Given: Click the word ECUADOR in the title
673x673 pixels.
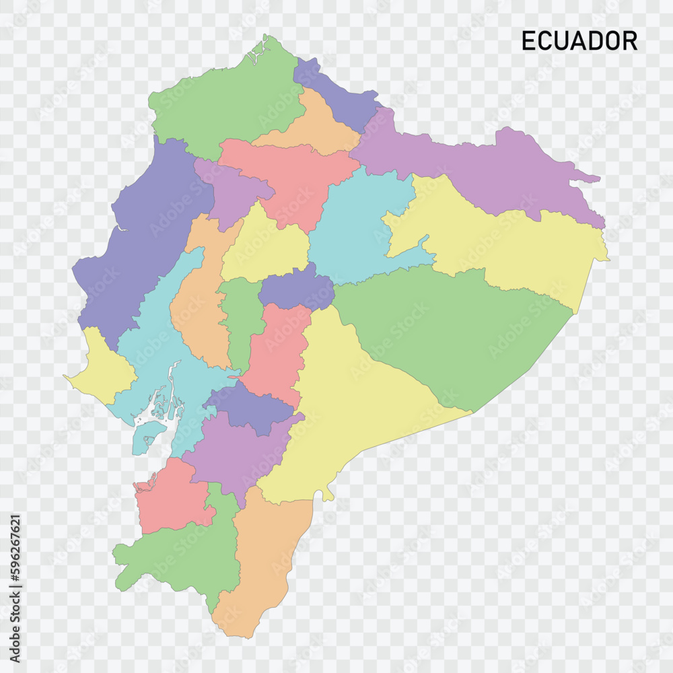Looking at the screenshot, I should point(579,41).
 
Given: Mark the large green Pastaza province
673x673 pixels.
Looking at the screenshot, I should point(458,330).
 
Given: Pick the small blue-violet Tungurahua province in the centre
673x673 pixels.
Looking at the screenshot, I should point(296,289).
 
